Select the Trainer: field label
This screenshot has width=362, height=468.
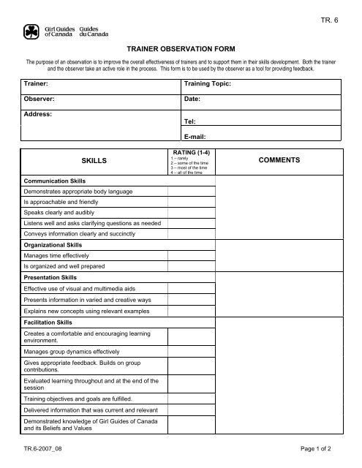(36, 85)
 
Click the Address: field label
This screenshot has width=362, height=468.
(38, 114)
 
